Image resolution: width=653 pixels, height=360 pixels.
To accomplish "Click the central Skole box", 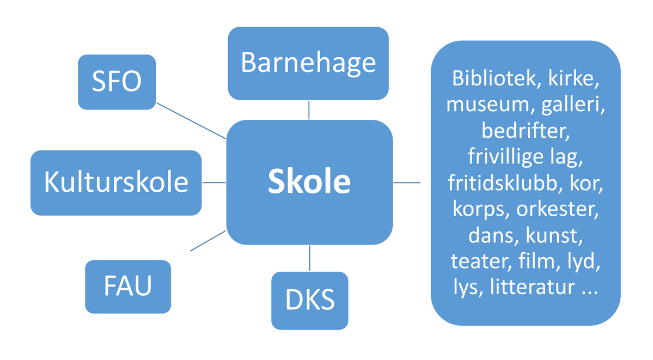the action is click(x=309, y=182).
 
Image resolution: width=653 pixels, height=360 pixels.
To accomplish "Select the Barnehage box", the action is click(x=308, y=63).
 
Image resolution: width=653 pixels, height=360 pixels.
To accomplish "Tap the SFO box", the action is click(x=117, y=82).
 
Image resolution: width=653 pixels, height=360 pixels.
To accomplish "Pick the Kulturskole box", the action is click(x=116, y=182).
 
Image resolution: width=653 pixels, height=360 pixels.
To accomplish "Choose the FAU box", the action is click(x=128, y=286).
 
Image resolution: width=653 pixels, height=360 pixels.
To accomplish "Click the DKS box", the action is click(x=309, y=300).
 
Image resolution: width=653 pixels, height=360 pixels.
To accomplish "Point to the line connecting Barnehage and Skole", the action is click(x=309, y=109).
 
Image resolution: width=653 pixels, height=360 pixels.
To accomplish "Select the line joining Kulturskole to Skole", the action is click(x=214, y=182).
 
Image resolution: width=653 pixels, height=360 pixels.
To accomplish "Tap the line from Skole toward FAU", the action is click(x=208, y=241).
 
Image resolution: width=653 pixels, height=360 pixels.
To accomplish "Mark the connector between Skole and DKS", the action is click(x=309, y=258).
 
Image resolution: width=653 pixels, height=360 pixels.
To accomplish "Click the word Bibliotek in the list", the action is click(x=486, y=78).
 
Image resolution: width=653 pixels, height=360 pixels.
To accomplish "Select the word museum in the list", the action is click(x=479, y=105).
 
